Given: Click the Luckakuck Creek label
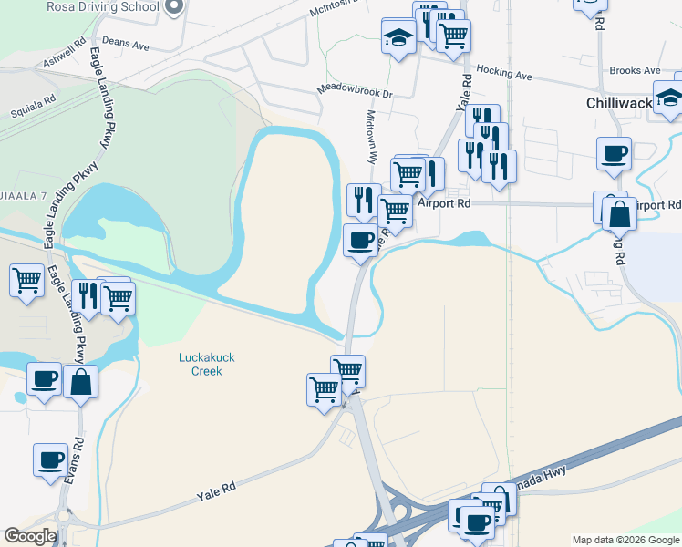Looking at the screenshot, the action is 201,364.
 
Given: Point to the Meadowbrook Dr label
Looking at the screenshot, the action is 354,92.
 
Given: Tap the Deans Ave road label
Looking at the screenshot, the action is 126,43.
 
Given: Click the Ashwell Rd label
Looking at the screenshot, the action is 65,55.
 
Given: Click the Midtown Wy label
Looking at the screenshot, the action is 371,137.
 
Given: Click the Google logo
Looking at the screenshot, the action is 30,536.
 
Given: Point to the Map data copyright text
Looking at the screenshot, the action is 625,540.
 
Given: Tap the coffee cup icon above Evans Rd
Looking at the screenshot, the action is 50,460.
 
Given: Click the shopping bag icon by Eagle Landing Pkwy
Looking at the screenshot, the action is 80,382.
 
